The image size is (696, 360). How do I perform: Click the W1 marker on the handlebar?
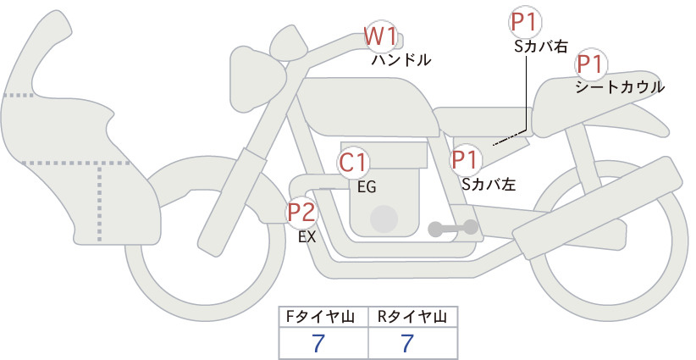point(380,36)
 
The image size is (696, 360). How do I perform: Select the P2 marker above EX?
point(301,212)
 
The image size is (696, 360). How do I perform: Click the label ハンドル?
point(401,60)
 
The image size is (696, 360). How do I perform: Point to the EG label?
point(367,187)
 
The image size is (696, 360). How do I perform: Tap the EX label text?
point(307,237)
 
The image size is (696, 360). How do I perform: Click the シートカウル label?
point(619,86)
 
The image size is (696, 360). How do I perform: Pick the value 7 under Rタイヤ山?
point(408,343)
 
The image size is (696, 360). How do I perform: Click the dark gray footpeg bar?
point(452,227)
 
